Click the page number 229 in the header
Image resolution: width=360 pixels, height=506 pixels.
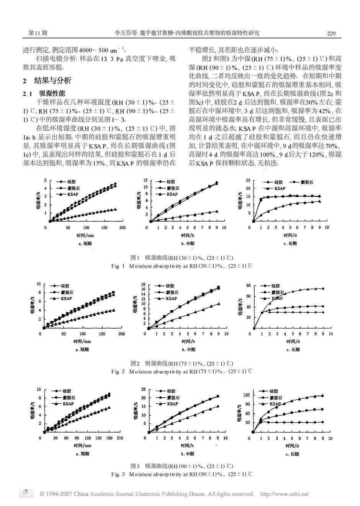331,33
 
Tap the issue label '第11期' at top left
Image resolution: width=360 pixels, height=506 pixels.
38,33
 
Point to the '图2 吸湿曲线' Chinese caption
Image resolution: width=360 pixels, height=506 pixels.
182,363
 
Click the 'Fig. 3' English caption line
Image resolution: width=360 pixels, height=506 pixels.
182,474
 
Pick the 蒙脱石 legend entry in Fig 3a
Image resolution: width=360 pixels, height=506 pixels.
68,397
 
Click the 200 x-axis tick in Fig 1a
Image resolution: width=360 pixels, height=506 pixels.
122,228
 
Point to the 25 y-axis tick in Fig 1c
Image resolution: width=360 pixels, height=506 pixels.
248,180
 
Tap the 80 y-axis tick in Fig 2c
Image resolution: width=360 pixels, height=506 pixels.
248,286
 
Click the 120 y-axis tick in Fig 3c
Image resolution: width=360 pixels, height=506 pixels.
247,395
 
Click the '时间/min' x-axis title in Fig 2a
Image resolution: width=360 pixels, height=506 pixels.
82,341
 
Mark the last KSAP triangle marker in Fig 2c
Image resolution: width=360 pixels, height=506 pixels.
323,289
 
